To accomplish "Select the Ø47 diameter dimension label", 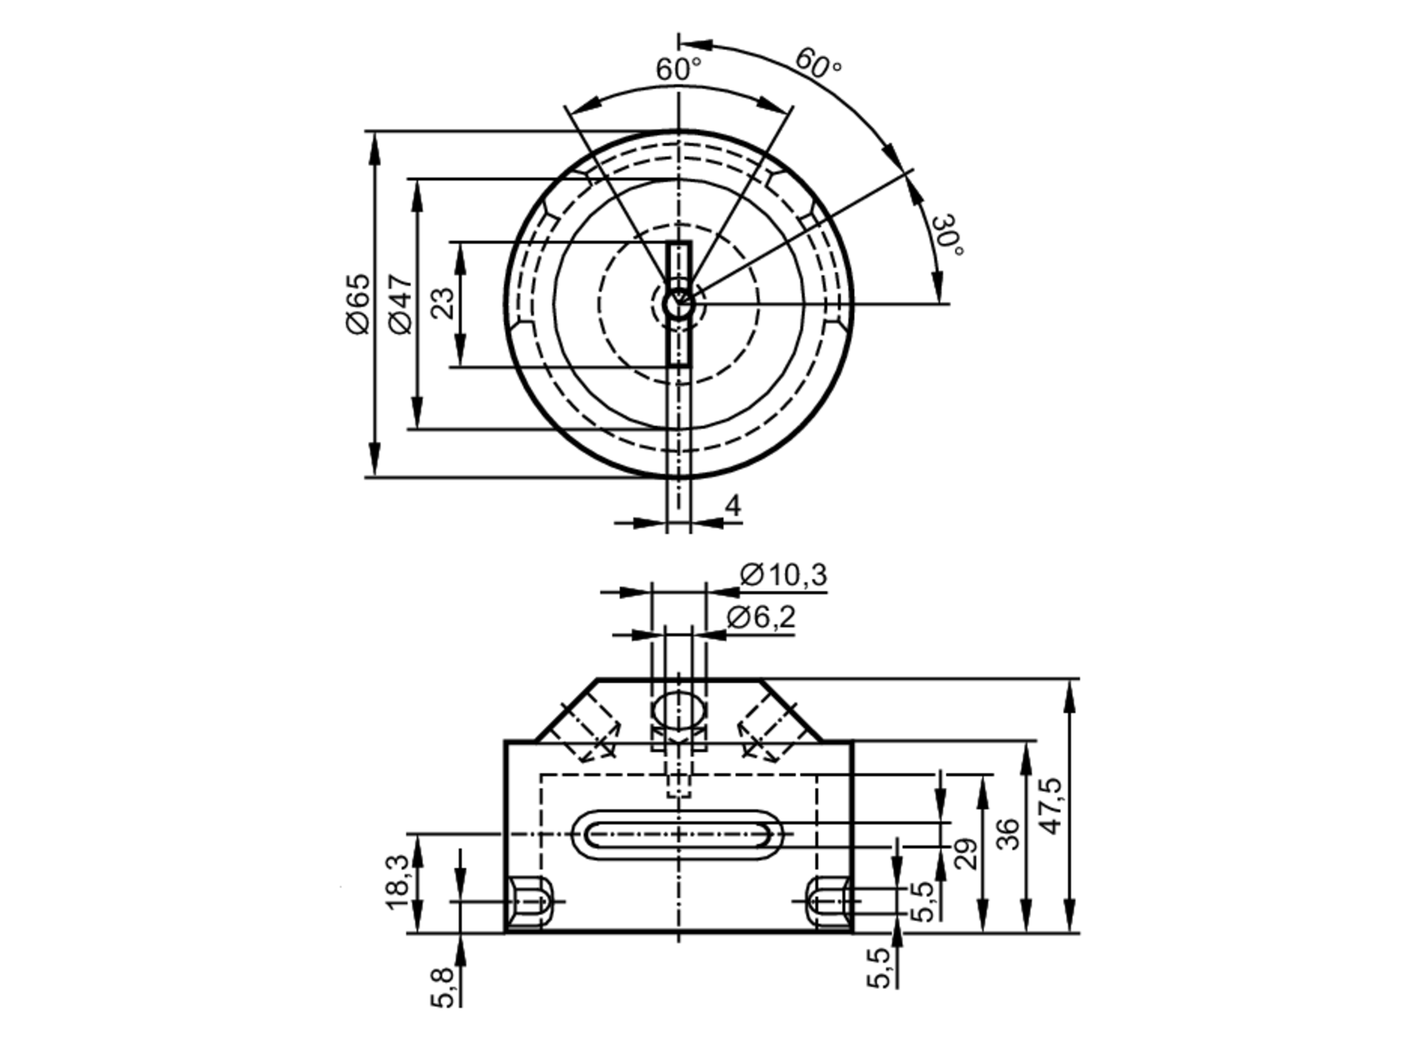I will [x=401, y=303].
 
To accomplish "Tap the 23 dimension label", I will [x=442, y=303].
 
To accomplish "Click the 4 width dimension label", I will [x=732, y=506].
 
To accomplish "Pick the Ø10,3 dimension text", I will [x=783, y=575].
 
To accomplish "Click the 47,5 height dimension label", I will [x=1051, y=805].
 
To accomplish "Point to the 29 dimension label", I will [x=965, y=854].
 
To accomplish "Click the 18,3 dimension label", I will [x=397, y=882].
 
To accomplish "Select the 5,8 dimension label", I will [x=442, y=988].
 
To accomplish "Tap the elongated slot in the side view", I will [x=678, y=834].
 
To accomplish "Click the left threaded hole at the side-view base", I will [x=530, y=902].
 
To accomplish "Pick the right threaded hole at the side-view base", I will [x=828, y=902].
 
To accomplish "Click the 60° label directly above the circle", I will [x=678, y=70].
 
